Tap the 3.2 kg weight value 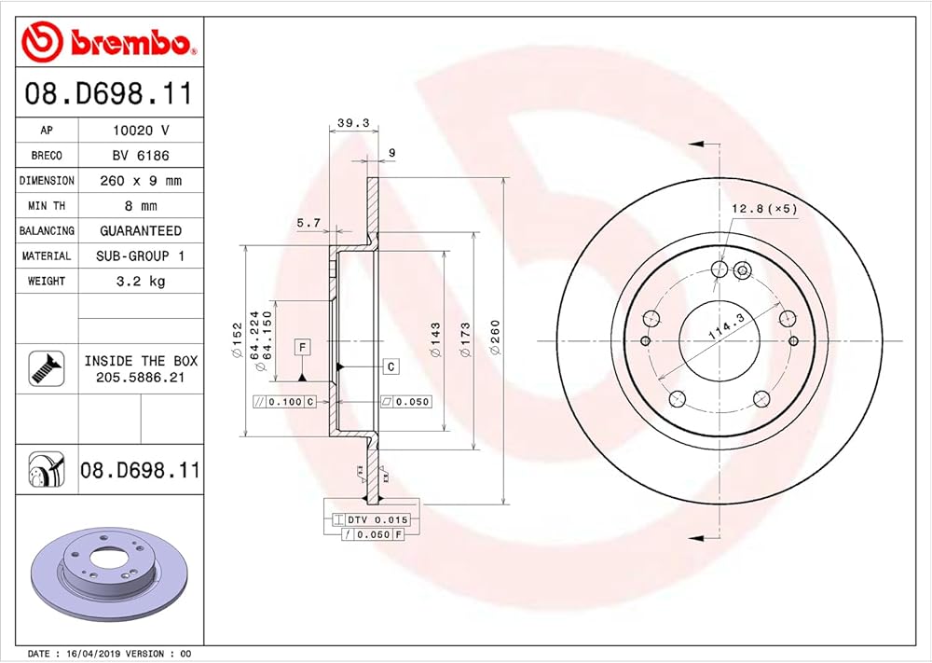click(x=141, y=281)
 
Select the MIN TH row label click(x=47, y=206)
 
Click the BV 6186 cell click(x=141, y=155)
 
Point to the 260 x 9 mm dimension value click(x=141, y=180)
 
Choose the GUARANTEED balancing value click(x=141, y=230)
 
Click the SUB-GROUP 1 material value click(x=141, y=256)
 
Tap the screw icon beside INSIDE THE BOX click(x=47, y=368)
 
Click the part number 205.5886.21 click(x=141, y=377)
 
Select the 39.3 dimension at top click(x=353, y=123)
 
